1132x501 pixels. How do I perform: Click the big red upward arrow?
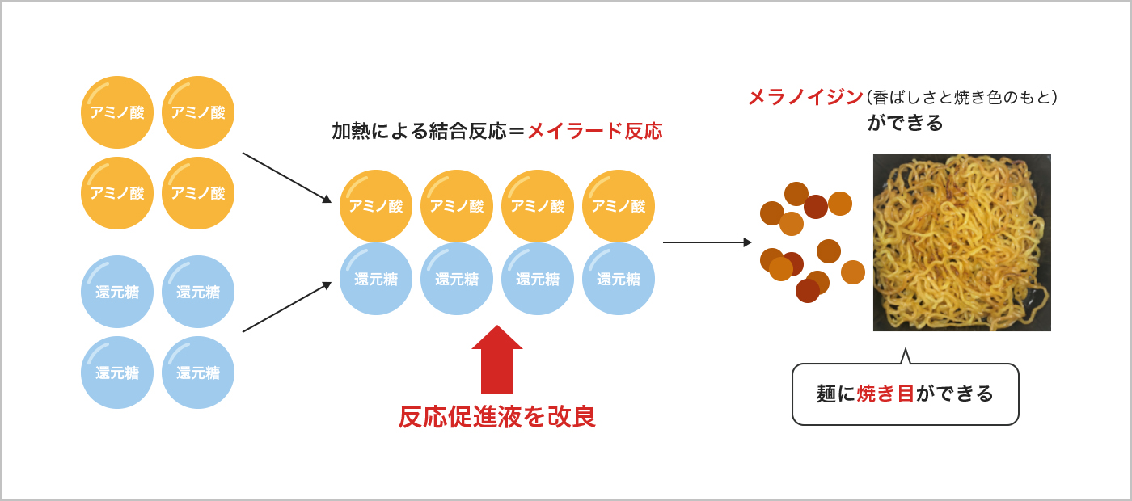497,362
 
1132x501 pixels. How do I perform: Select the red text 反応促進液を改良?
497,417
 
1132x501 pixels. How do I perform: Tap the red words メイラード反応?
594,131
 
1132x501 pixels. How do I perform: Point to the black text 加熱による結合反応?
419,131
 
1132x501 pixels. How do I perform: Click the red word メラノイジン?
805,98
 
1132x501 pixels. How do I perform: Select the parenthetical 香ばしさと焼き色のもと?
962,98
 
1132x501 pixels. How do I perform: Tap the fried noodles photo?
962,242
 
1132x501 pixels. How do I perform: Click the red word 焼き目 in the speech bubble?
886,394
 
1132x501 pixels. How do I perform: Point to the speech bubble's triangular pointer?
906,356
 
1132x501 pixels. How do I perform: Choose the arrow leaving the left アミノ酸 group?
286,177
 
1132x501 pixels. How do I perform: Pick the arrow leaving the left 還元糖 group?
286,307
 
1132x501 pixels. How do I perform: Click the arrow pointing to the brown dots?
707,242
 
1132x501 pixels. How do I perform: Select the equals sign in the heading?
517,131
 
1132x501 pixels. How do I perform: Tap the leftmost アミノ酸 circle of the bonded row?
376,206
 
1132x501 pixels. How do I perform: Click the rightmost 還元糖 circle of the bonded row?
619,279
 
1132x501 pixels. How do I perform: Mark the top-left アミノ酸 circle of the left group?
117,112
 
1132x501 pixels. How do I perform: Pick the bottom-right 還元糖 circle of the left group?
198,373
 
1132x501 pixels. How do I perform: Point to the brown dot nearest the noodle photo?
853,272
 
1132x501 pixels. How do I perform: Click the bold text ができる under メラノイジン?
906,123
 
